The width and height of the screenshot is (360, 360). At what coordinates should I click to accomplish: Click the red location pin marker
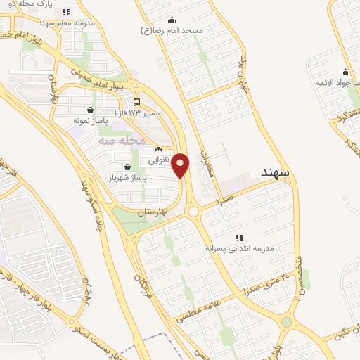[x=181, y=165]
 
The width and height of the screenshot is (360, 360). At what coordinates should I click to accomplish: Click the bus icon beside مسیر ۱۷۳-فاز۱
[x=136, y=101]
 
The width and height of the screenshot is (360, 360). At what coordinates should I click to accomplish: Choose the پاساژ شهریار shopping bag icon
[x=127, y=167]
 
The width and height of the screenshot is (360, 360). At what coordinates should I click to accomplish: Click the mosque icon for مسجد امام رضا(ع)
[x=172, y=20]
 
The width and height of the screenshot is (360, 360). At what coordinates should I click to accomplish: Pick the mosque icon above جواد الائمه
[x=345, y=72]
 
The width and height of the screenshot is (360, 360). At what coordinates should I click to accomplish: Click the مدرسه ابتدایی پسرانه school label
[x=239, y=249]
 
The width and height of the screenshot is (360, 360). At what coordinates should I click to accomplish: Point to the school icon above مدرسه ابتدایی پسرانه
[x=239, y=238]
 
